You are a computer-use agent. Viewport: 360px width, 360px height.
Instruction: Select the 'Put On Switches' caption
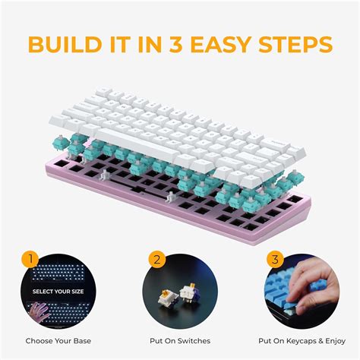click(x=180, y=340)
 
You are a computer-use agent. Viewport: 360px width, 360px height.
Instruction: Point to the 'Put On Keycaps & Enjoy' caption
click(x=302, y=340)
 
